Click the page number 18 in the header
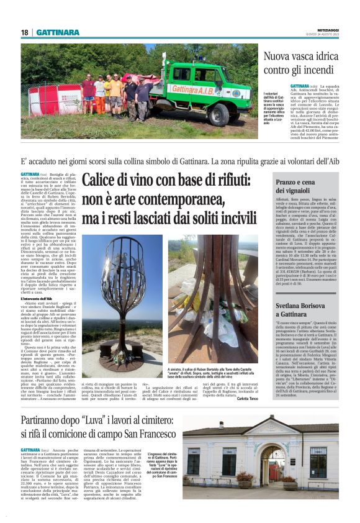coord(25,32)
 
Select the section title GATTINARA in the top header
coord(58,32)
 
